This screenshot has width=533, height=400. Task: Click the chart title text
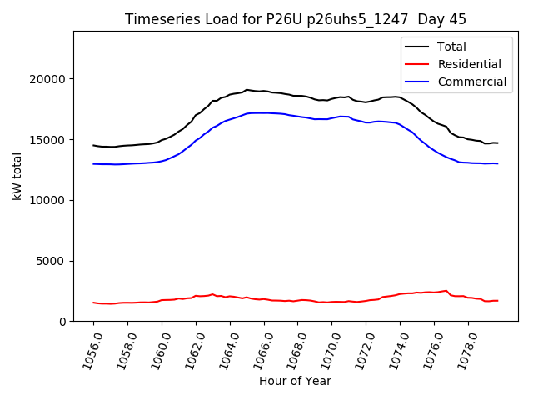point(296,19)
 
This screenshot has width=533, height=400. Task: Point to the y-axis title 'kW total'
point(17,177)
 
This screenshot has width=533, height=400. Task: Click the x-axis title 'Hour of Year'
point(295,381)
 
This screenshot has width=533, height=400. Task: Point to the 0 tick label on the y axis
point(63,322)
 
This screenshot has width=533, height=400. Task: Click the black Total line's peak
point(247,89)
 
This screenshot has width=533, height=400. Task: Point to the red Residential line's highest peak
point(446,291)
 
